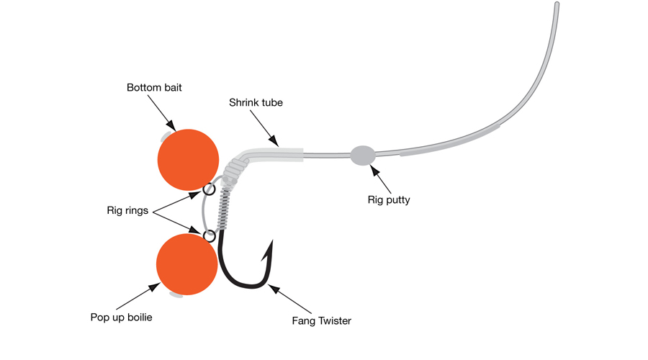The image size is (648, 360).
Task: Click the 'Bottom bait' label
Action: click(154, 88)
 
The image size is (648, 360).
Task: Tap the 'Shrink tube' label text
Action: click(256, 102)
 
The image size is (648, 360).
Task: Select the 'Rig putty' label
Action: click(389, 200)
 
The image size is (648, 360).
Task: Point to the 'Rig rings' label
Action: click(127, 210)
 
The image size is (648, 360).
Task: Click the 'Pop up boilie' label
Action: click(121, 318)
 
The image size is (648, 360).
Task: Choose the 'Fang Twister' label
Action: click(322, 321)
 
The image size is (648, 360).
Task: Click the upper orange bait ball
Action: click(188, 160)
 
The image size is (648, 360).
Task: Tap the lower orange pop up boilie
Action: click(186, 264)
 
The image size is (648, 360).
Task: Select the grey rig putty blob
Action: click(363, 156)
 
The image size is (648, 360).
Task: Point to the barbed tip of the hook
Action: click(272, 240)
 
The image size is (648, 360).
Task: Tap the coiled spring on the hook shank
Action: click(224, 209)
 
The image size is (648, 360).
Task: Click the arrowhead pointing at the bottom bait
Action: click(171, 126)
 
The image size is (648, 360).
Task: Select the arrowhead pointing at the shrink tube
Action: click(274, 141)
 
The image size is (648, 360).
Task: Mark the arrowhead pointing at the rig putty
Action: click(374, 170)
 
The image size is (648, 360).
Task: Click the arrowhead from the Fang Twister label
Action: click(274, 289)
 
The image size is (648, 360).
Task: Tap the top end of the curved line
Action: click(557, 4)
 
